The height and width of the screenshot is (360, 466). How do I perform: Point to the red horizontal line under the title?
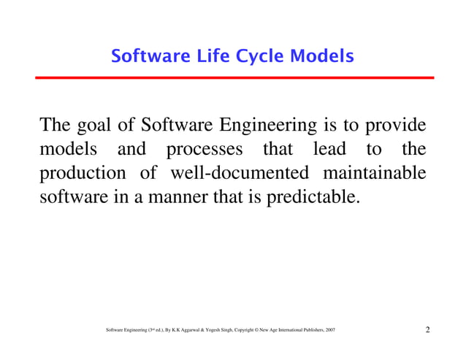[x=233, y=77]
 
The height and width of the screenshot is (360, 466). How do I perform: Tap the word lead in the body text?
[x=329, y=150]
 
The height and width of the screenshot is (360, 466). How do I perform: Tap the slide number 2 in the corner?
[x=427, y=332]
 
